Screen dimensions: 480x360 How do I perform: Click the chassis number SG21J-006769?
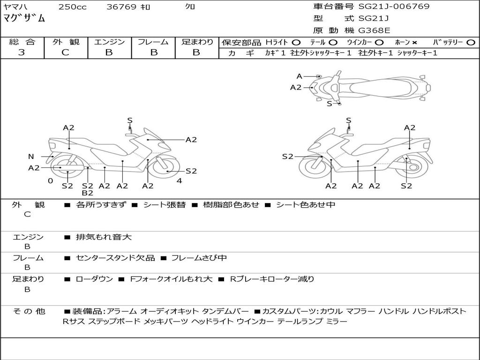[394, 7]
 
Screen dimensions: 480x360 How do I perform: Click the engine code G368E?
[374, 30]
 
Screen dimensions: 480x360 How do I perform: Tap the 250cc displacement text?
[72, 7]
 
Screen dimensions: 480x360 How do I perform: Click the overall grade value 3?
[22, 52]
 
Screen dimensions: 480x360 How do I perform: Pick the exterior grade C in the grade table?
[65, 52]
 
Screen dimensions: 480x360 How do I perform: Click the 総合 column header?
[22, 42]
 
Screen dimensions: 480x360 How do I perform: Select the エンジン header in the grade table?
[109, 42]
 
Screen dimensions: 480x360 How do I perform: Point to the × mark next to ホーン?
[414, 43]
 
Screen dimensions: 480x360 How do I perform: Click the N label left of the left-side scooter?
[31, 157]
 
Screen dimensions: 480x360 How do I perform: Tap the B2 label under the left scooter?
[87, 193]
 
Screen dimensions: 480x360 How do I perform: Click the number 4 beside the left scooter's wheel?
[179, 181]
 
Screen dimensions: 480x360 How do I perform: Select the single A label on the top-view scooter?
[299, 76]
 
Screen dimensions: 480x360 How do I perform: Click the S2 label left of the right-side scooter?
[287, 157]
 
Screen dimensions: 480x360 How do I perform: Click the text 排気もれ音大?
[104, 237]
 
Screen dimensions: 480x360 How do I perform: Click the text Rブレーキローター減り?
[272, 279]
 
